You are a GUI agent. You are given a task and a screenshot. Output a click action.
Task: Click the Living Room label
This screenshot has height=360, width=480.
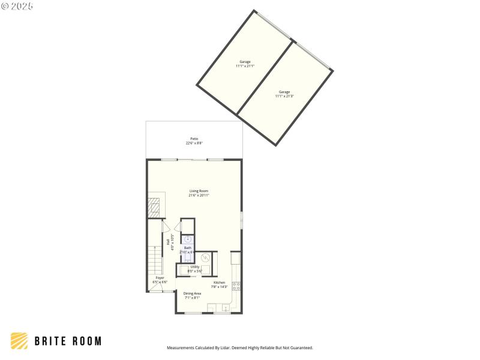199,193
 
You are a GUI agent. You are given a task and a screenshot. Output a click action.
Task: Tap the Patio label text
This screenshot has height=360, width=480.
194,141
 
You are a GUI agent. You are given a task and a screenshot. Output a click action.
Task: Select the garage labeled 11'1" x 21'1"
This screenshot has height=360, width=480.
245,64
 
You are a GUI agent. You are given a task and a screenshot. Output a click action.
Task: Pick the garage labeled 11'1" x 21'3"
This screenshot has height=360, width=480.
284,94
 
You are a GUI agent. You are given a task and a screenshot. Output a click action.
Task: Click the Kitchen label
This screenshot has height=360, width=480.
219,284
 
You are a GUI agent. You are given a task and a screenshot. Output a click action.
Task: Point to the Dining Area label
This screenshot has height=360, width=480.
192,295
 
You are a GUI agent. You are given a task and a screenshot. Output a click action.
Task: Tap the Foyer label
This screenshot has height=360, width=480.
160,280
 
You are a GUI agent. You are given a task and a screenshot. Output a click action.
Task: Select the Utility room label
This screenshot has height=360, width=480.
195,269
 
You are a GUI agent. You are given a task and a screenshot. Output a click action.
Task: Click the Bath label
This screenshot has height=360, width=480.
188,250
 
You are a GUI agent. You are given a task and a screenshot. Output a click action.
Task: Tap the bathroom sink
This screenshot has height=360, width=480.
188,239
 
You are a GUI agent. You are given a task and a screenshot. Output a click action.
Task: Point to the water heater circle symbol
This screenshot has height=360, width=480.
205,258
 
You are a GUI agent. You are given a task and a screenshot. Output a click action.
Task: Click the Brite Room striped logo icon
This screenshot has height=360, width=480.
19,341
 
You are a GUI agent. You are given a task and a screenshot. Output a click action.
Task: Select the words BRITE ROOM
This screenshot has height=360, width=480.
67,341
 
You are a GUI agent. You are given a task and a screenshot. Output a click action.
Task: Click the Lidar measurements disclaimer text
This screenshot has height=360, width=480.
239,348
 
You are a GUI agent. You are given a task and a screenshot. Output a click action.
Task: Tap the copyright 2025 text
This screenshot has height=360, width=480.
17,6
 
